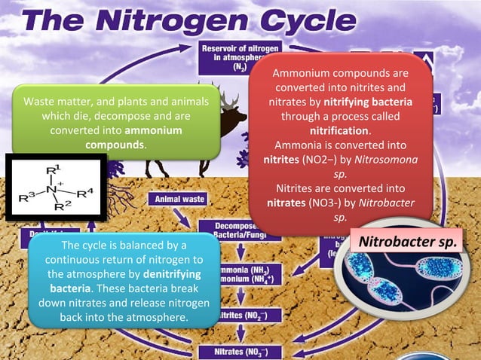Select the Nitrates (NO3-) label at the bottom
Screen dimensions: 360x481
(x=239, y=351)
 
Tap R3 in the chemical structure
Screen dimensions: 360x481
(x=27, y=197)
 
